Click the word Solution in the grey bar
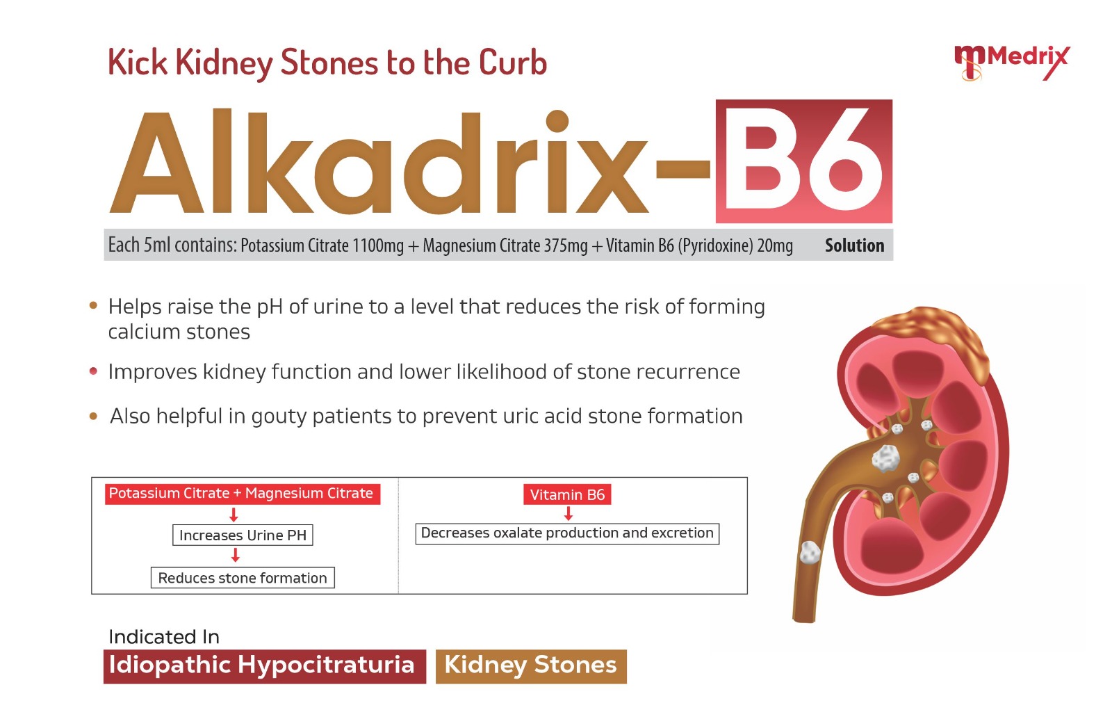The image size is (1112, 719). click(x=854, y=245)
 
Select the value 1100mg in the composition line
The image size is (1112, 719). click(x=378, y=245)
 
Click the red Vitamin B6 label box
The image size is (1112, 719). click(x=567, y=494)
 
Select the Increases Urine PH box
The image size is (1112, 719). click(x=243, y=535)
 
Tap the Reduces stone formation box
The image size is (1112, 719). click(x=243, y=578)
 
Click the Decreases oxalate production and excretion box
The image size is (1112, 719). click(x=567, y=533)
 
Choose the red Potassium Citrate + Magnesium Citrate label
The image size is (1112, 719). click(x=243, y=494)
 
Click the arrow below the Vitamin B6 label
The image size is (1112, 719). click(x=569, y=513)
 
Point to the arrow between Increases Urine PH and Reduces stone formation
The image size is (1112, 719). click(x=236, y=555)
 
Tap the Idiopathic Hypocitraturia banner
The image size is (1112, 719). click(x=265, y=666)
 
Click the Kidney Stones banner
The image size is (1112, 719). click(x=531, y=666)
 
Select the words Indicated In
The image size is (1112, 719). click(x=164, y=636)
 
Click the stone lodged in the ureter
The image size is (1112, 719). click(x=810, y=552)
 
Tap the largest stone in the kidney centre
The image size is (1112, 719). click(x=885, y=458)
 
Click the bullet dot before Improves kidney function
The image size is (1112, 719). click(x=93, y=371)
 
